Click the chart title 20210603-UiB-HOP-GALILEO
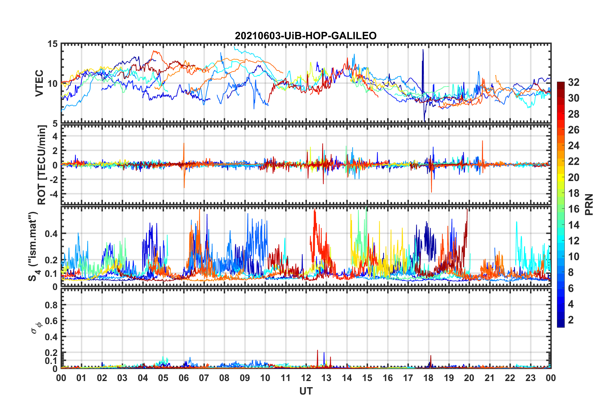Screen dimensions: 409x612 305,36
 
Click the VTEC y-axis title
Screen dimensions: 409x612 39,83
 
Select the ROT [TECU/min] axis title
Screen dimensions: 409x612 42,165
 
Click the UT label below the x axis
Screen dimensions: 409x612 306,391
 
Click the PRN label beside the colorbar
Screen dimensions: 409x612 589,204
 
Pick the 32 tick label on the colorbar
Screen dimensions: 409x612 573,82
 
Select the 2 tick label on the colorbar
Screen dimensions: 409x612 571,320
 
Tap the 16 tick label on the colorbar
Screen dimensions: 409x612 573,209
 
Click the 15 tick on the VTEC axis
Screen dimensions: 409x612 52,44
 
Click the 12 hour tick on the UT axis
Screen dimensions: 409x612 306,378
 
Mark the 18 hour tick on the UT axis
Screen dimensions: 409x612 428,378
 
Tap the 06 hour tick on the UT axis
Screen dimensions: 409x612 183,378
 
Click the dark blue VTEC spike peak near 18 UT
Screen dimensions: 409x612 423,50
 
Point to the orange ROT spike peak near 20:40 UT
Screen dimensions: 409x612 482,141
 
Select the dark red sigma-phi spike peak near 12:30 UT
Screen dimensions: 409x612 317,350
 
